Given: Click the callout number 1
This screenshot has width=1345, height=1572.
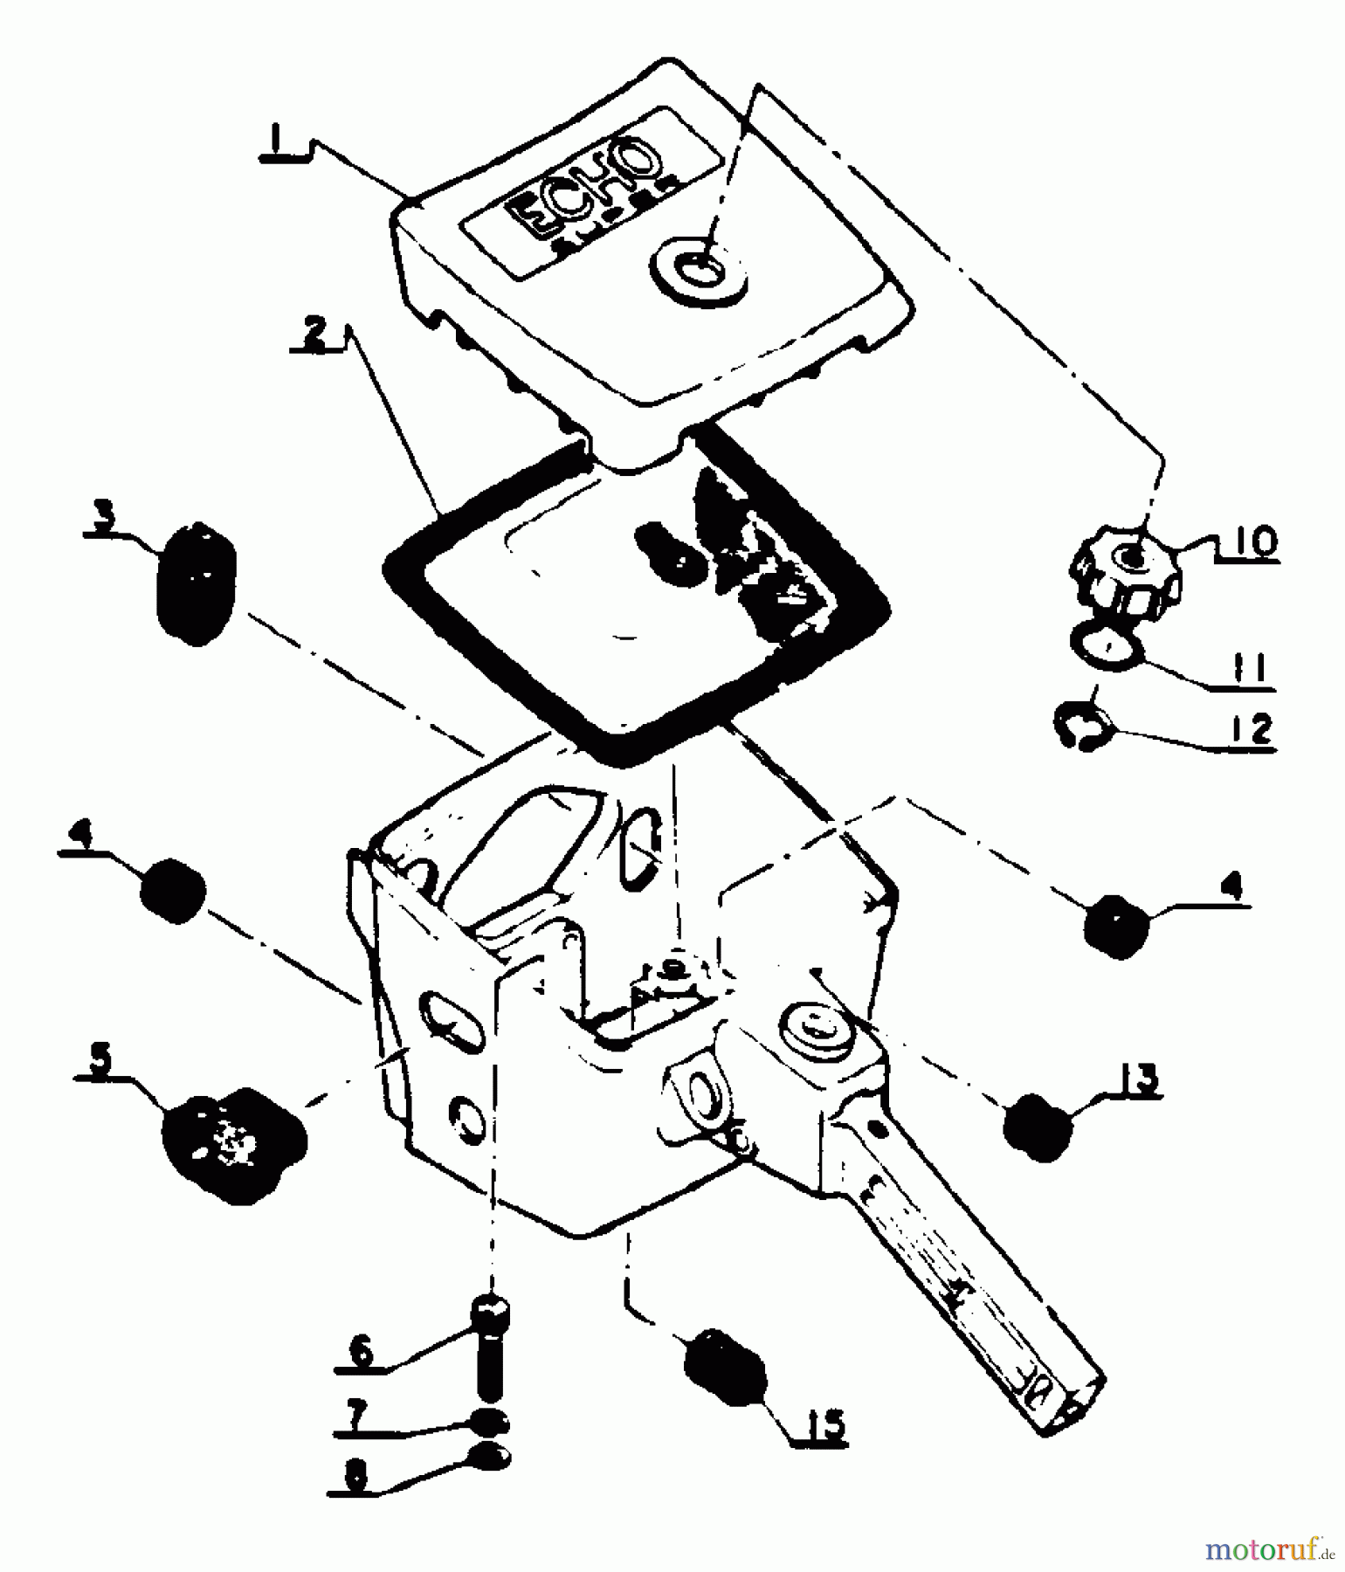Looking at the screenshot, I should [x=276, y=142].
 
